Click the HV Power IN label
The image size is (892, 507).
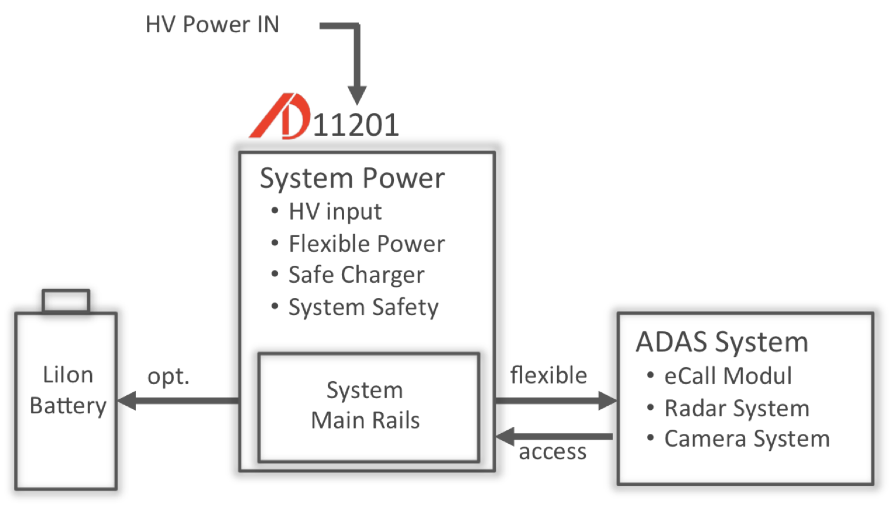tap(212, 25)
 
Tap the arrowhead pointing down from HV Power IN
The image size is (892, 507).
tap(357, 95)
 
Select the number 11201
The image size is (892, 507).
tap(356, 125)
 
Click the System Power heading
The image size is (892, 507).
tap(352, 178)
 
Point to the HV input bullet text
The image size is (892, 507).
tap(335, 212)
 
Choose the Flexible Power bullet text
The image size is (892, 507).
tap(366, 244)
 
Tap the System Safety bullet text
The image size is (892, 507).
tap(363, 307)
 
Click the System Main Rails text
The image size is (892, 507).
tap(365, 405)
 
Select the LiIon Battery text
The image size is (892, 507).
tap(68, 390)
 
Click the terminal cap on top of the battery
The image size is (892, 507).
tap(66, 301)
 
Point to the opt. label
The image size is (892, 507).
tap(169, 377)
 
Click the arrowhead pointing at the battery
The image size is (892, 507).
tap(126, 401)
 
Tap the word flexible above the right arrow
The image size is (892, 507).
tap(548, 375)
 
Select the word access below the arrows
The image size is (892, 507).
tap(553, 452)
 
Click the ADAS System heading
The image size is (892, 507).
tap(722, 342)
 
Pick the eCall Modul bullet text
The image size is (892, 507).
tap(728, 376)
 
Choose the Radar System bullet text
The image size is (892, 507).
tap(737, 409)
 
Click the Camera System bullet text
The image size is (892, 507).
tap(747, 439)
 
